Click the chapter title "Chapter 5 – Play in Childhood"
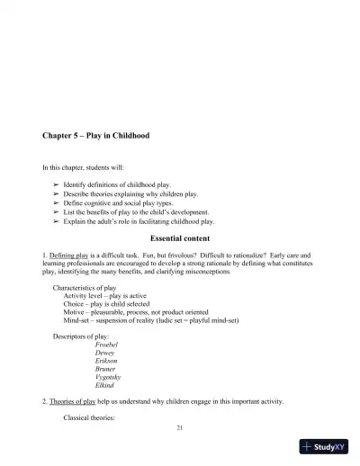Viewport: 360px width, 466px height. point(96,136)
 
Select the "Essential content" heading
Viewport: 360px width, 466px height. point(180,238)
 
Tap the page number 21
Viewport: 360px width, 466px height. point(180,426)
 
